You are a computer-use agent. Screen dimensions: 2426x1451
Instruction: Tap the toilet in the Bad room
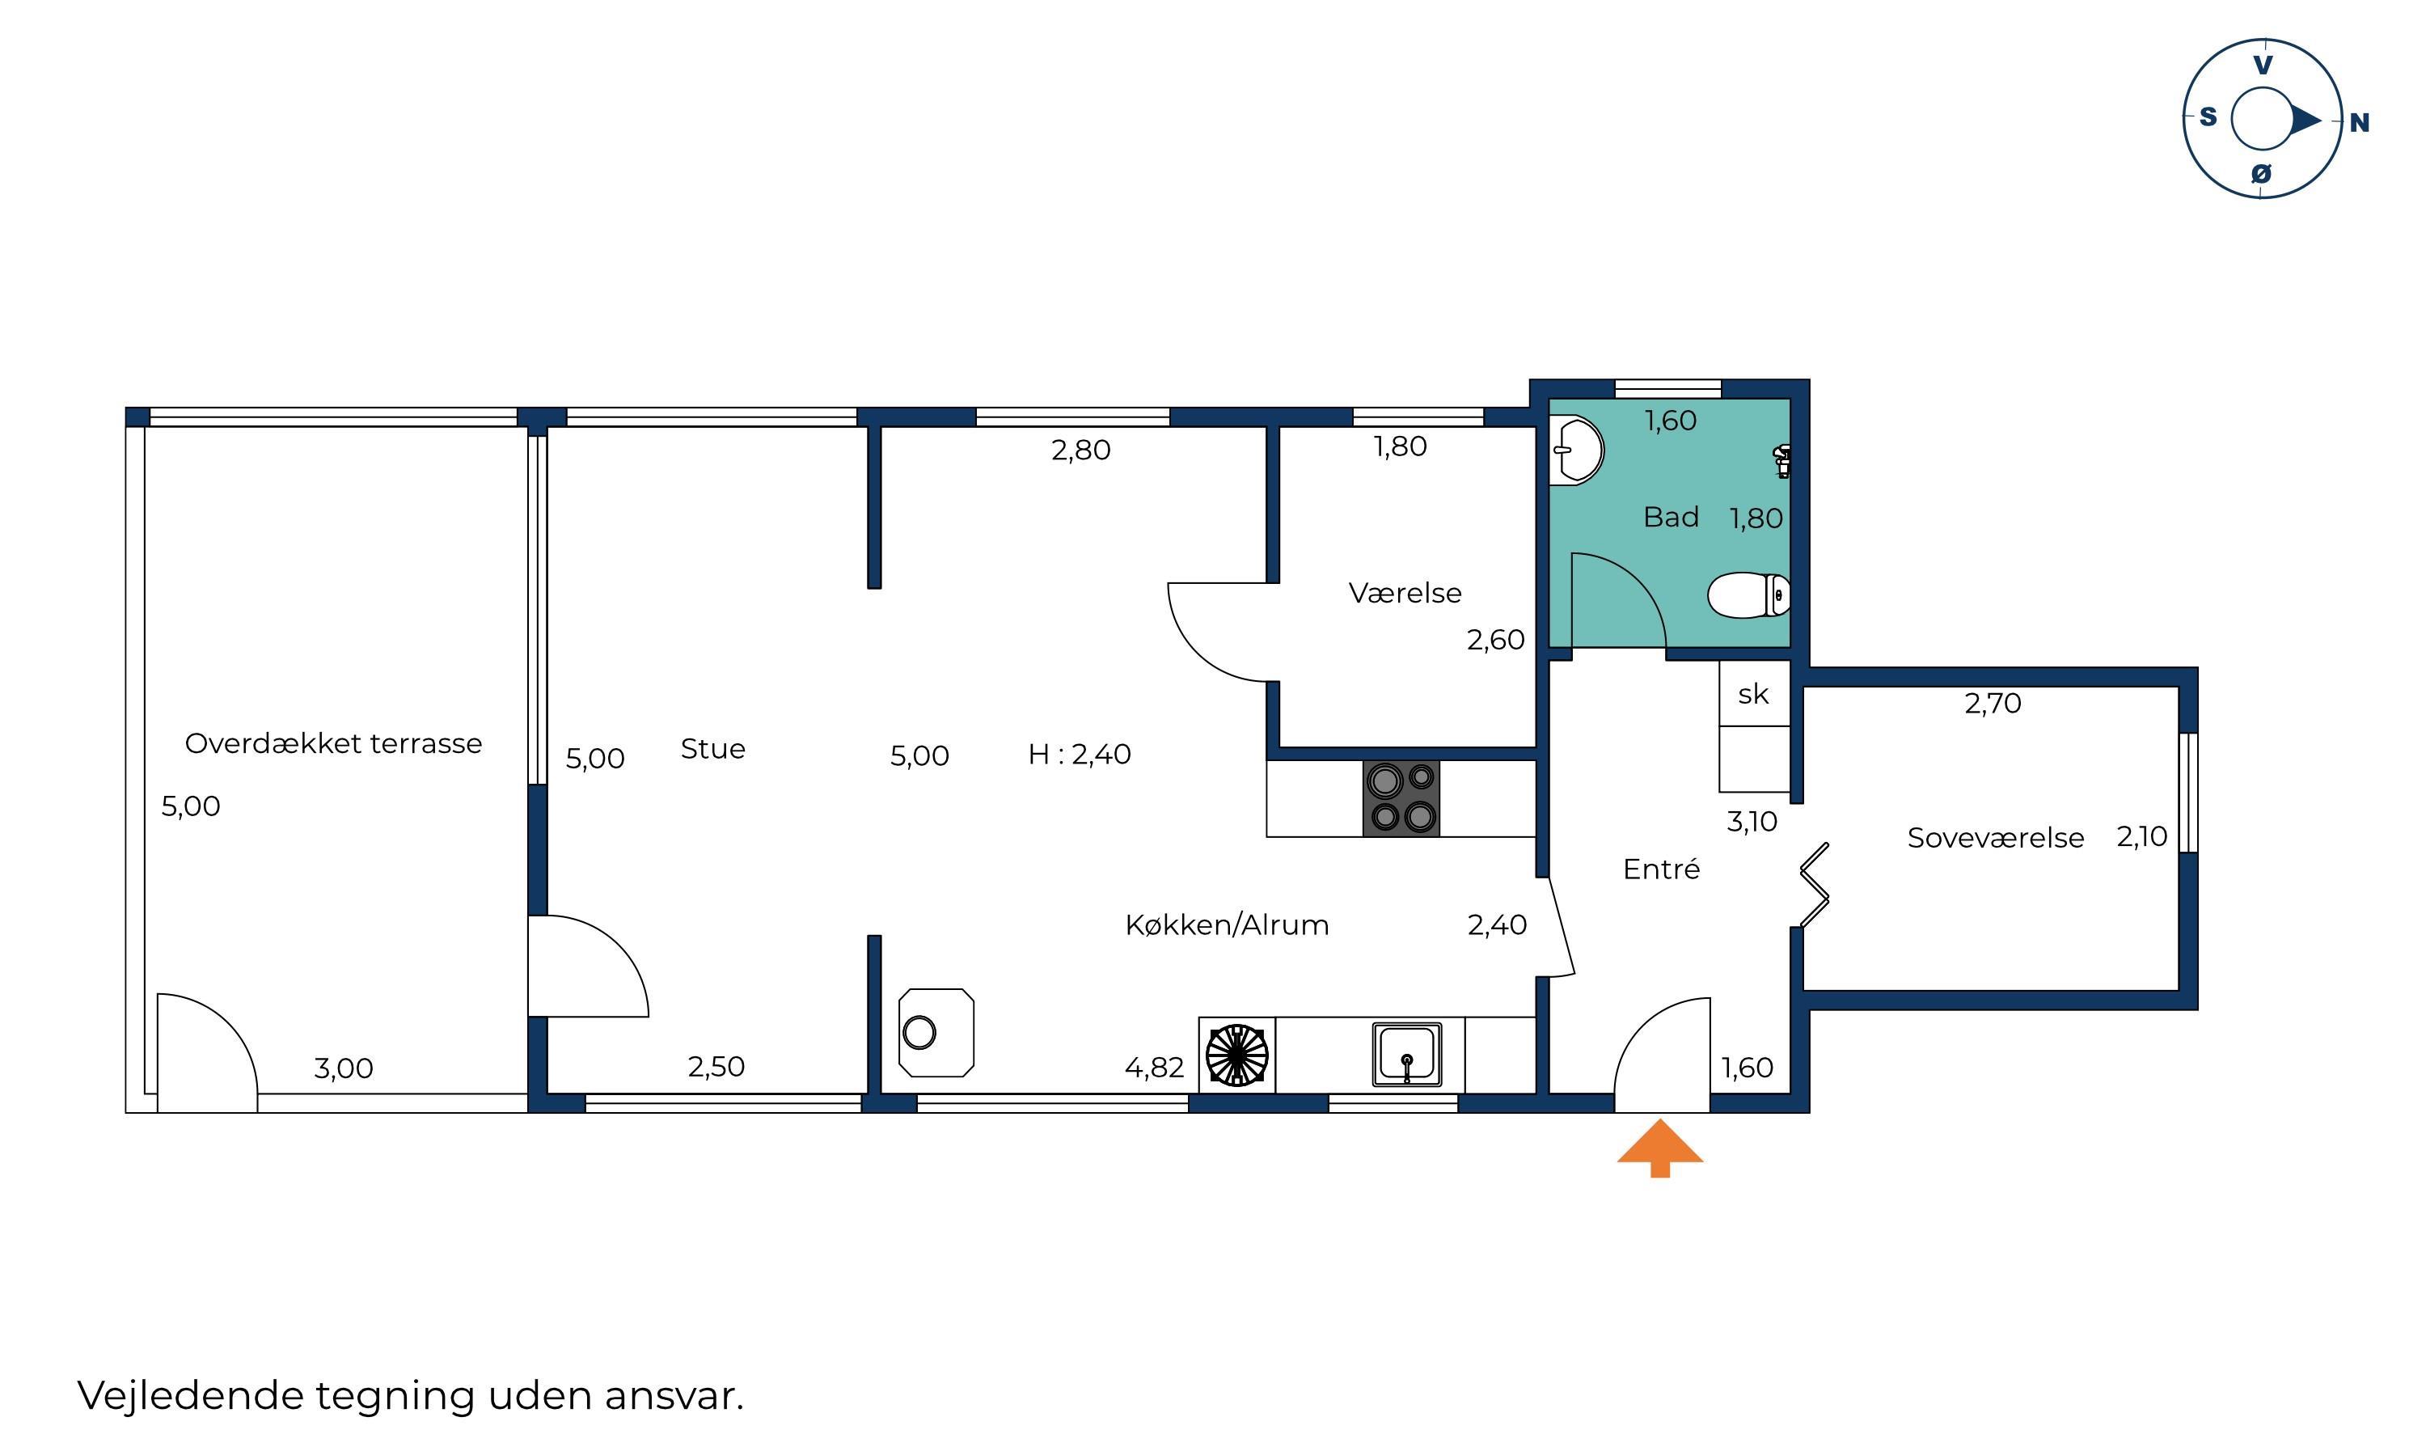(1748, 594)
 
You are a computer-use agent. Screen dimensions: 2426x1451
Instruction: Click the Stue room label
(712, 749)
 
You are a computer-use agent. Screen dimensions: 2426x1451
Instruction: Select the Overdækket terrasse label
(333, 743)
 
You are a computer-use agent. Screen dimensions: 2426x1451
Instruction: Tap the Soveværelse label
(1995, 838)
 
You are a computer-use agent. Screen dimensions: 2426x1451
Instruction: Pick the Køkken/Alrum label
(1227, 925)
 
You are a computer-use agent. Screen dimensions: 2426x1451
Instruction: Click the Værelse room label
(1405, 593)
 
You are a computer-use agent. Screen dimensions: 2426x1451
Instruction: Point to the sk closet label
(1753, 694)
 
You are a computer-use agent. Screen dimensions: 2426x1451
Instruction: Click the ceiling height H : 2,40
(1079, 754)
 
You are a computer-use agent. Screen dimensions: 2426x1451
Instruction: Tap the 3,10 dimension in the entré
(1752, 821)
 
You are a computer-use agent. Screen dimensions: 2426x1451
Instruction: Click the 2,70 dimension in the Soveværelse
(1993, 703)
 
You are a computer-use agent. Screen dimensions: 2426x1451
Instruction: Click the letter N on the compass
(2360, 123)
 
